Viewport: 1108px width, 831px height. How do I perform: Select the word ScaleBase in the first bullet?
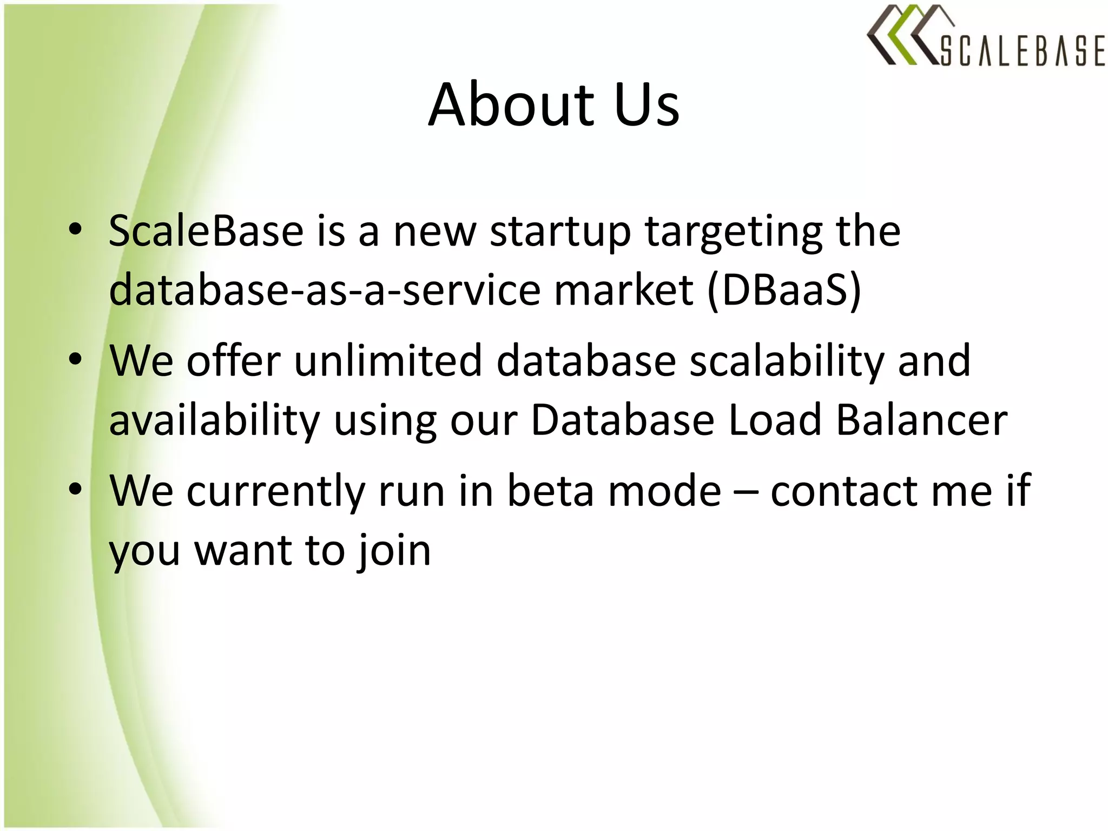(206, 231)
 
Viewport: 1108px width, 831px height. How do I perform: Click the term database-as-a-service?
(325, 290)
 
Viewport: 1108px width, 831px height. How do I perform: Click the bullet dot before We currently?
(76, 489)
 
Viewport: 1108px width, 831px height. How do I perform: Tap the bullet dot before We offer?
(76, 359)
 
